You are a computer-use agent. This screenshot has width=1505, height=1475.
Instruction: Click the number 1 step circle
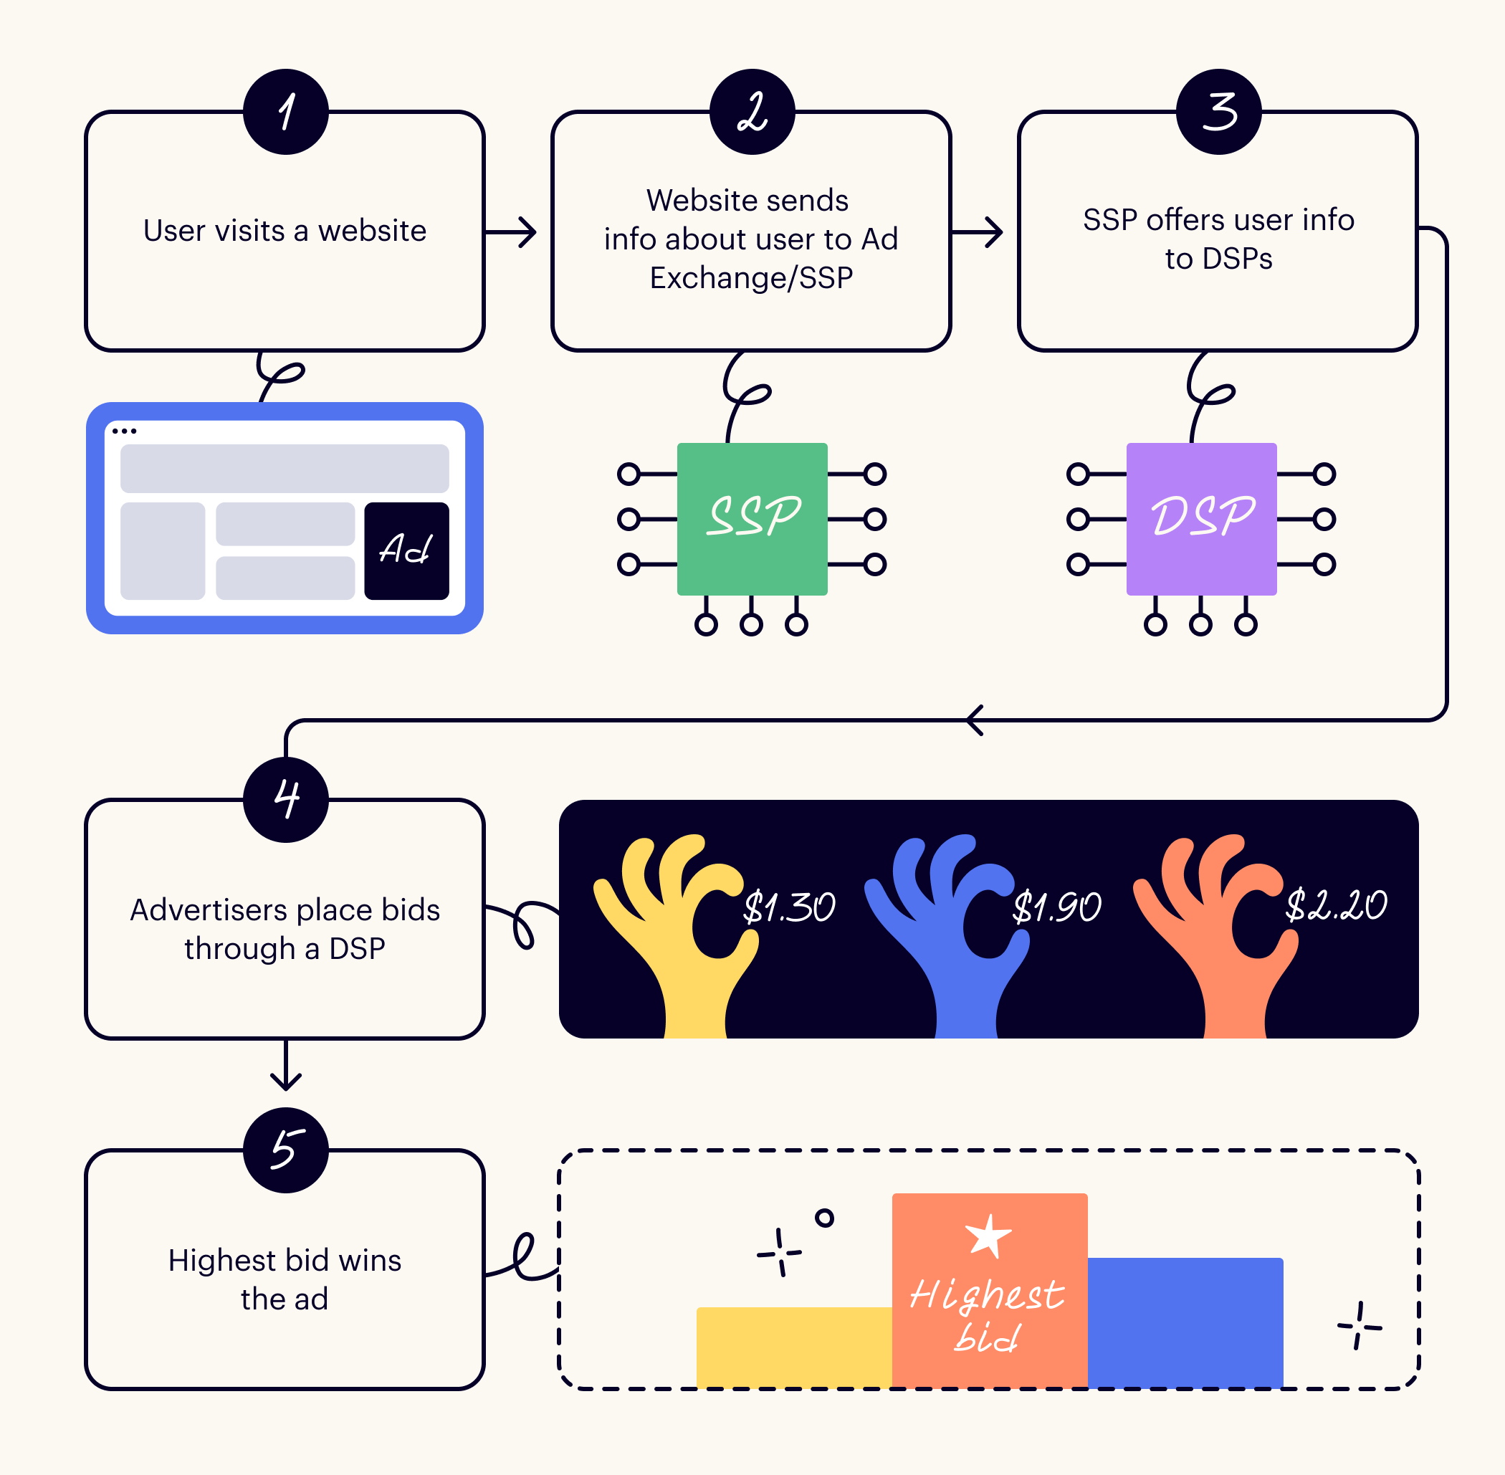click(x=286, y=112)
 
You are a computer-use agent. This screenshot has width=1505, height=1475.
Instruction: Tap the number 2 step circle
click(x=752, y=112)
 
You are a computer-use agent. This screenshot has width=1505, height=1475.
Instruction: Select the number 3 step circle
click(x=1218, y=112)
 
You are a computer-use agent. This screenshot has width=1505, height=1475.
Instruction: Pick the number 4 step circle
click(x=286, y=799)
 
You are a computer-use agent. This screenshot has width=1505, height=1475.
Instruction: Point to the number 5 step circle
click(x=286, y=1150)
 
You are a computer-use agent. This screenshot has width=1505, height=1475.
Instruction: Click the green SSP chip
click(x=752, y=518)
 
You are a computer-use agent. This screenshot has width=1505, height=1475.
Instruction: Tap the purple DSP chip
click(x=1201, y=518)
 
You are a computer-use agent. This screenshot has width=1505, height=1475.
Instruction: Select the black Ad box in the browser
click(x=406, y=551)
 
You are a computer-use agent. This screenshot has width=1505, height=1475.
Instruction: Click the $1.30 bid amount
click(x=788, y=907)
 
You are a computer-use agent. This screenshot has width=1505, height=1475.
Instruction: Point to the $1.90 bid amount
click(x=1056, y=907)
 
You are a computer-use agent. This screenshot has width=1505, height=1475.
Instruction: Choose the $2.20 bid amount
click(x=1336, y=904)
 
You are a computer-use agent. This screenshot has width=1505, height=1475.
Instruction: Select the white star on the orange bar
click(x=988, y=1236)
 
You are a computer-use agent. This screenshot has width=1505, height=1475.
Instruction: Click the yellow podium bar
click(x=794, y=1347)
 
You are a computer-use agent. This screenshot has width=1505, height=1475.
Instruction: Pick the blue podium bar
click(x=1185, y=1322)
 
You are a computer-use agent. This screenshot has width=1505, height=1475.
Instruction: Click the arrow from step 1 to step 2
click(x=510, y=231)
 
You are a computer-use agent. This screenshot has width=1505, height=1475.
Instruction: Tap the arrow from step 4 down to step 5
click(x=286, y=1064)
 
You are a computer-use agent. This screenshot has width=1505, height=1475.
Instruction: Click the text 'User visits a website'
click(x=285, y=230)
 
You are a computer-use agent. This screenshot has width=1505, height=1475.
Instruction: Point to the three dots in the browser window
click(x=124, y=431)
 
